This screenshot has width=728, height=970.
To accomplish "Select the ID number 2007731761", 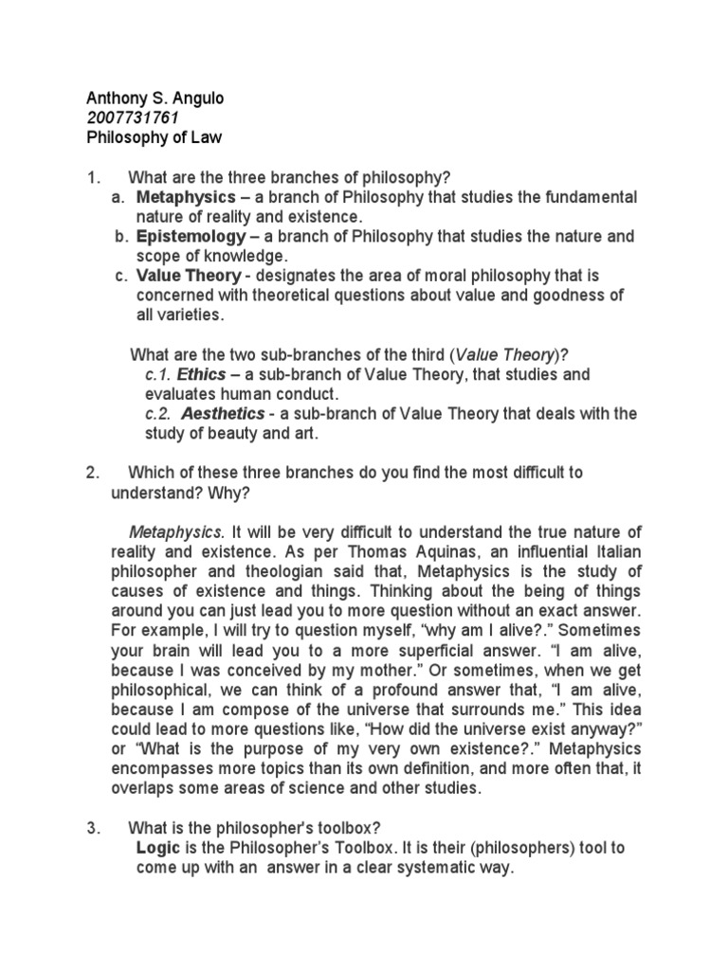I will pyautogui.click(x=132, y=117).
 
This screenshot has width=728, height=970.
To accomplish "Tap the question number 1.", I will pyautogui.click(x=91, y=176).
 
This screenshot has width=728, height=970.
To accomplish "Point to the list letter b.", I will pyautogui.click(x=118, y=236).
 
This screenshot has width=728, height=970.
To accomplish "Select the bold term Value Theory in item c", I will pyautogui.click(x=189, y=276).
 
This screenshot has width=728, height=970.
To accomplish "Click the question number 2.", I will pyautogui.click(x=91, y=473).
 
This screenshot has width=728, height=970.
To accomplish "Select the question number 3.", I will pyautogui.click(x=91, y=828).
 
